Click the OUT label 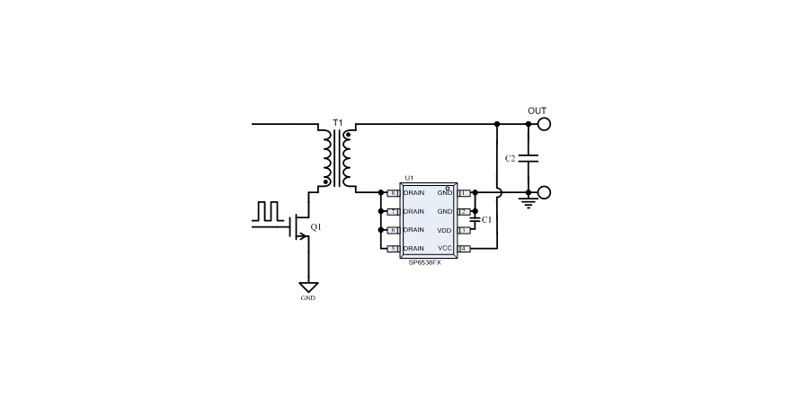pos(537,111)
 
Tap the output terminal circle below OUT pos(543,124)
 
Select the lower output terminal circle pos(543,192)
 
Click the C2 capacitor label pos(510,158)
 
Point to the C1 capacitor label pos(486,219)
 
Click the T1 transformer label pos(338,121)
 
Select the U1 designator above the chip pos(409,178)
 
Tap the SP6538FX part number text pos(425,260)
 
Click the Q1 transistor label pos(316,227)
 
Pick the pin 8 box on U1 pos(392,193)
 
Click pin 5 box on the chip pos(392,248)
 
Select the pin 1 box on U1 pos(464,193)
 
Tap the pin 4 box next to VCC pos(464,248)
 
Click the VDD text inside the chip pos(444,230)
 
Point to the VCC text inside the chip pos(444,248)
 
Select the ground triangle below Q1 pos(308,287)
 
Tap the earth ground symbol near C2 pos(528,204)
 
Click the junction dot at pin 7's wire pos(381,211)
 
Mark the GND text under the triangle pos(308,298)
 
